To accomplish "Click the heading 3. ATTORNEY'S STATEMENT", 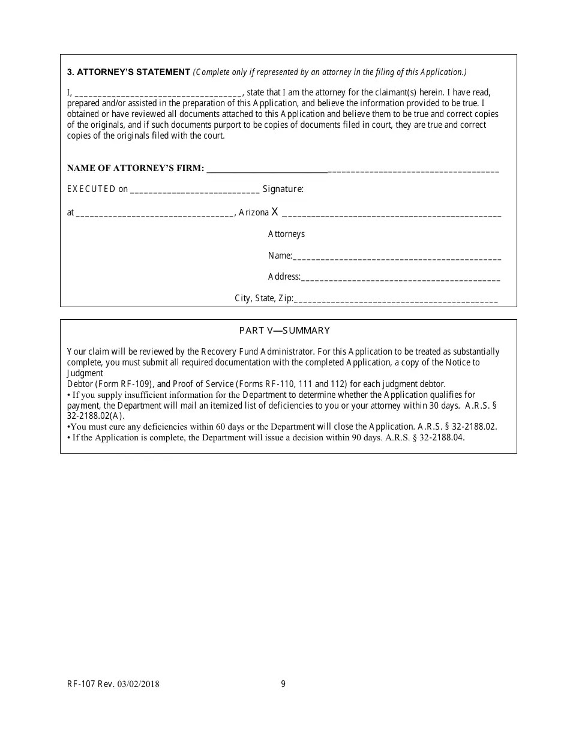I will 128,72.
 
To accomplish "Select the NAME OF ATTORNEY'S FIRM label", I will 135,169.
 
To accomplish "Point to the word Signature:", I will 283,189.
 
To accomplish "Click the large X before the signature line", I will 275,211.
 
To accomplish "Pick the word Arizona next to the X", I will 253,212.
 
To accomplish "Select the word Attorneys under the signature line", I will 286,234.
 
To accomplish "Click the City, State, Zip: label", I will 263,298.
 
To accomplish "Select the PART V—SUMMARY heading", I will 284,331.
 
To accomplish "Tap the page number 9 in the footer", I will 283,684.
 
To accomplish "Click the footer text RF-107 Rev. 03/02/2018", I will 113,684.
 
